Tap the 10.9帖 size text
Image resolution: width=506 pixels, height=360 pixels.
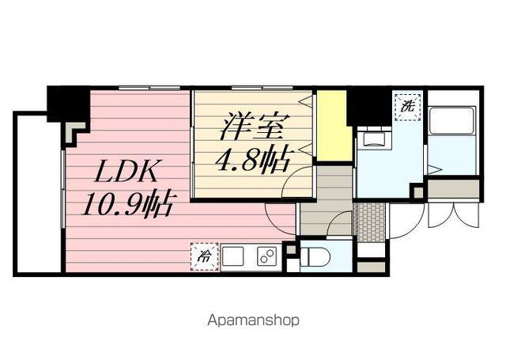127,205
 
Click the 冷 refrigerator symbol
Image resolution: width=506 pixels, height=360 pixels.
204,256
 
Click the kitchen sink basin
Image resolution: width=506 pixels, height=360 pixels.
234,256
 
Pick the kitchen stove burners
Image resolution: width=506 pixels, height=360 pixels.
266,256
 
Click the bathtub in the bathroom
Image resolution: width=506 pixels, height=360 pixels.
452,131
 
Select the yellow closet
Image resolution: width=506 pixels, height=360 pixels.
333,126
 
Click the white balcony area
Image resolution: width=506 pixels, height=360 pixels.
37,194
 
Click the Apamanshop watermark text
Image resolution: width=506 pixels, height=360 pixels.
253,321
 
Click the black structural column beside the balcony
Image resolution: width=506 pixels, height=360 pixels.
67,104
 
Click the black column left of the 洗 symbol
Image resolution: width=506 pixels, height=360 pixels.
368,104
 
